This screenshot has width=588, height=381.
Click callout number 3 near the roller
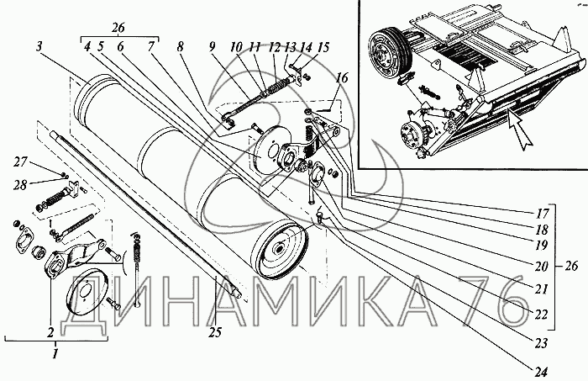coord(40,47)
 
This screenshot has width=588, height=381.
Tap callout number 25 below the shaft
coord(217,332)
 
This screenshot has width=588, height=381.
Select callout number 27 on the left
coord(21,161)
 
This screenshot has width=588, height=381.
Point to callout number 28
coord(21,185)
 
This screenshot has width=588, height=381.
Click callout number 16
coord(342,78)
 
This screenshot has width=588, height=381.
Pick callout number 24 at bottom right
coord(540,372)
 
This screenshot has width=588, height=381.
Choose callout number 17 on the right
coord(543,214)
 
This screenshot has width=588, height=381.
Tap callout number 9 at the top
coord(213,47)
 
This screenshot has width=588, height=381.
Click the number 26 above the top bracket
coord(118,28)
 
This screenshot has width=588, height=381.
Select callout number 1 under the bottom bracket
coord(55,353)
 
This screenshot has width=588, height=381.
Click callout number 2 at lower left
coord(50,332)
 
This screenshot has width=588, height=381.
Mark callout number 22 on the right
coord(541,315)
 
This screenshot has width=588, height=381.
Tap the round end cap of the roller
coord(280,251)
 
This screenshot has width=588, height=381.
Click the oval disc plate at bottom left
coord(87,290)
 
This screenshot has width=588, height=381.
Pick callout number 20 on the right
coord(541,267)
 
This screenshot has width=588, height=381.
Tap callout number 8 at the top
coord(181,47)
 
